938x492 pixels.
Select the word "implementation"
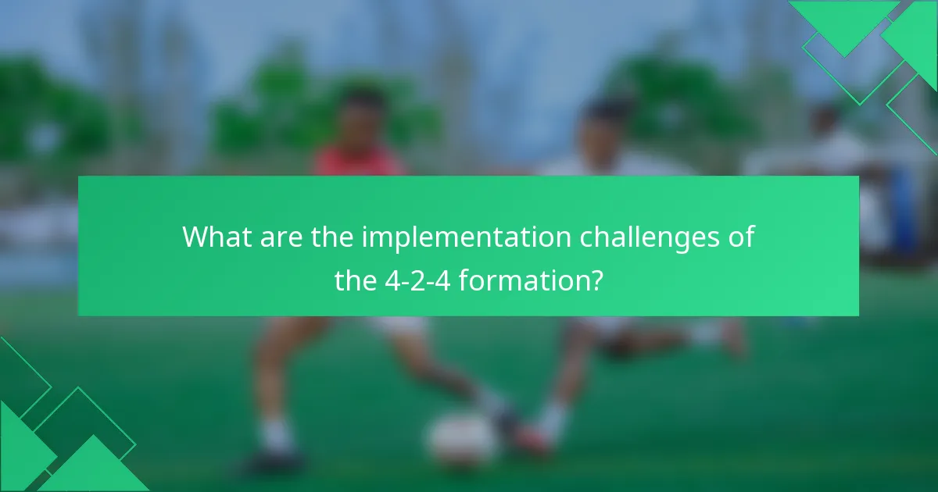[x=465, y=237]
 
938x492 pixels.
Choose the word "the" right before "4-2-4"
[x=356, y=280]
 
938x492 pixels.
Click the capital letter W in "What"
[x=195, y=237]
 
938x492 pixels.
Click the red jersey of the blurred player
[x=359, y=162]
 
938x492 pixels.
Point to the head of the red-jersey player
[x=362, y=117]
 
